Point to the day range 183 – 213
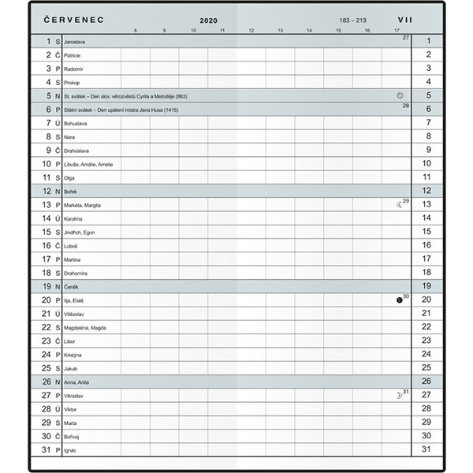[x=352, y=19]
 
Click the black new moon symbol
[x=400, y=300]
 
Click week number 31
[x=406, y=392]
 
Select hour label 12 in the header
[x=251, y=31]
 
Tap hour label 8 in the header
[x=136, y=31]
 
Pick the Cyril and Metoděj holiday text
[x=125, y=95]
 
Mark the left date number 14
[x=47, y=218]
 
